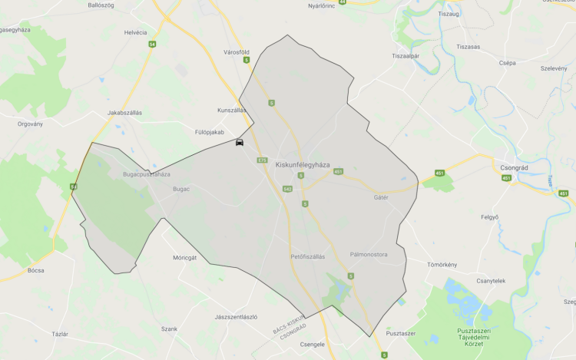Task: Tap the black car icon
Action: tap(240, 142)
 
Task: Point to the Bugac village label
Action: tap(181, 188)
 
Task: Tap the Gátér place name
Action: tap(381, 197)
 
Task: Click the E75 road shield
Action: tap(262, 160)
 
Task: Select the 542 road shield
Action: tap(287, 188)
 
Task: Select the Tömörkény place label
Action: tap(442, 265)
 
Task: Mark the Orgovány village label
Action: tap(31, 123)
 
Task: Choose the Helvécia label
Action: tap(135, 33)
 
